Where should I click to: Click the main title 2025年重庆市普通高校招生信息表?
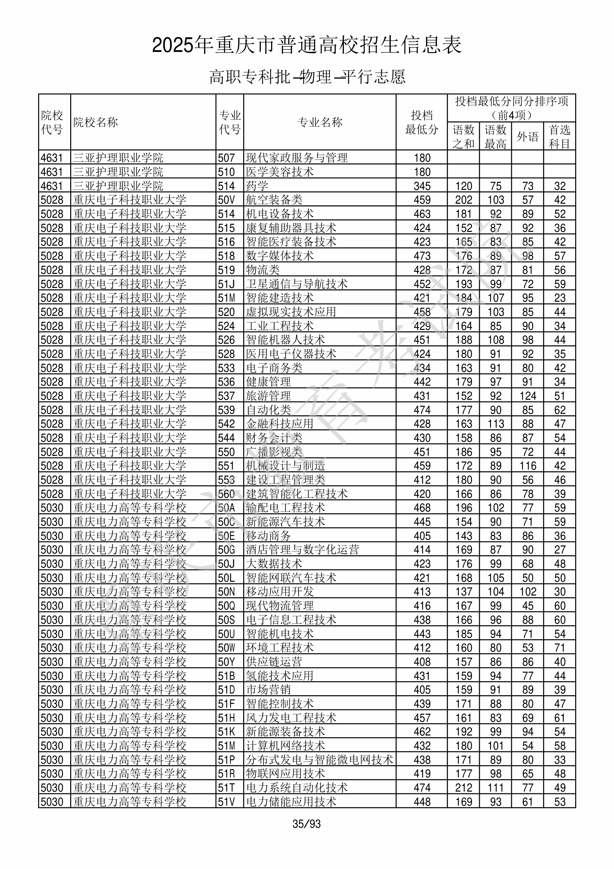tap(306, 45)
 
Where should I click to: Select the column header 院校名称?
tap(96, 122)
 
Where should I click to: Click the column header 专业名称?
tap(320, 122)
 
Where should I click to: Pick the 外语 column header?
tap(527, 137)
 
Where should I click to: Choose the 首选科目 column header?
tap(560, 137)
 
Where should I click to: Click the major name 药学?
tap(257, 186)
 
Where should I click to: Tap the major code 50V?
tap(226, 200)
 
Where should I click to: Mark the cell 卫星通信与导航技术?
tap(297, 284)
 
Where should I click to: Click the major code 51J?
tap(226, 284)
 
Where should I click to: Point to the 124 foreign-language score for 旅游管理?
tap(527, 396)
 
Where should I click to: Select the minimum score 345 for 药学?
tap(422, 186)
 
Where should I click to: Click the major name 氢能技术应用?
tap(280, 676)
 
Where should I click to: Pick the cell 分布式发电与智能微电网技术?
tap(320, 760)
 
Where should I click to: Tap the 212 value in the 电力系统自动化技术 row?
tap(464, 787)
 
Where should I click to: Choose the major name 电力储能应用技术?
tap(291, 802)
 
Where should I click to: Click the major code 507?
tap(226, 158)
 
